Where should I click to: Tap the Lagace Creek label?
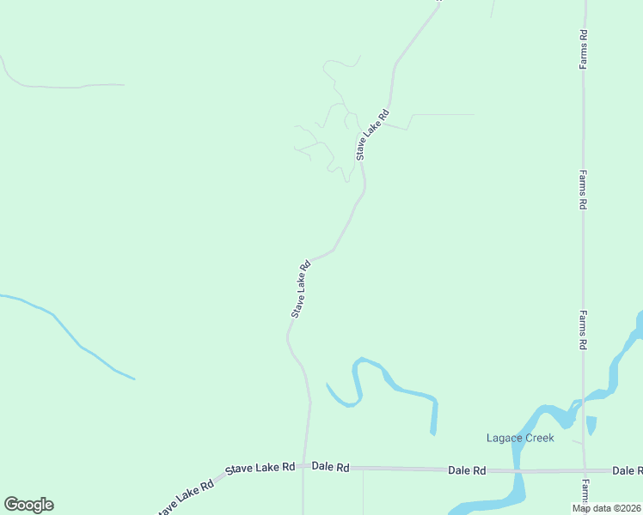tap(520, 438)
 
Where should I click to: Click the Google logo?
tap(28, 505)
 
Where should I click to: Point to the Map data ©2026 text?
tap(607, 508)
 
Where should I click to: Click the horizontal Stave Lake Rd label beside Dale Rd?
tap(260, 468)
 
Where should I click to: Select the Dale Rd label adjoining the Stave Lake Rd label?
tap(331, 467)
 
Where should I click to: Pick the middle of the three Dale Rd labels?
tap(467, 470)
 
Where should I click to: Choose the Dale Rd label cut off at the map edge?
tap(627, 470)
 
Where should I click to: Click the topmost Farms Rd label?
tap(583, 50)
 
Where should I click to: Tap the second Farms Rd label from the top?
tap(583, 190)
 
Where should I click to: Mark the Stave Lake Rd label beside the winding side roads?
tap(373, 134)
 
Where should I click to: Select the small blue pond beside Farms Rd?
tap(591, 425)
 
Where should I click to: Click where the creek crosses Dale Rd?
tap(518, 470)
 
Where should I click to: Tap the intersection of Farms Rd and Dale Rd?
tap(584, 470)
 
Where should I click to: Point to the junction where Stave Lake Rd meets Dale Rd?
tap(304, 468)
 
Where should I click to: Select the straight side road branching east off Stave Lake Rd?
tap(438, 114)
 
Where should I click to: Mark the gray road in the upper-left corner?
tap(60, 86)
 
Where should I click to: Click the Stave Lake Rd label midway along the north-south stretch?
tap(300, 289)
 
